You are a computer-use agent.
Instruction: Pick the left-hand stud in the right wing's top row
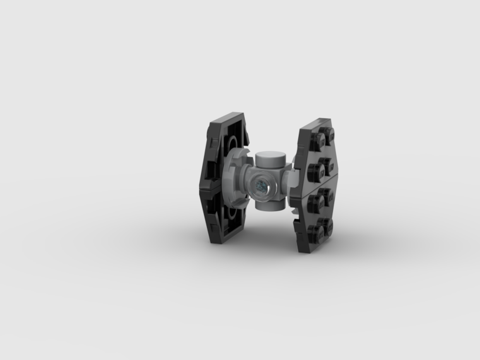tap(317, 140)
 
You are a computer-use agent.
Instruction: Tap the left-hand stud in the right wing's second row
tap(315, 171)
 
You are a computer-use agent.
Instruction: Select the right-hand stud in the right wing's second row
tap(327, 166)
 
